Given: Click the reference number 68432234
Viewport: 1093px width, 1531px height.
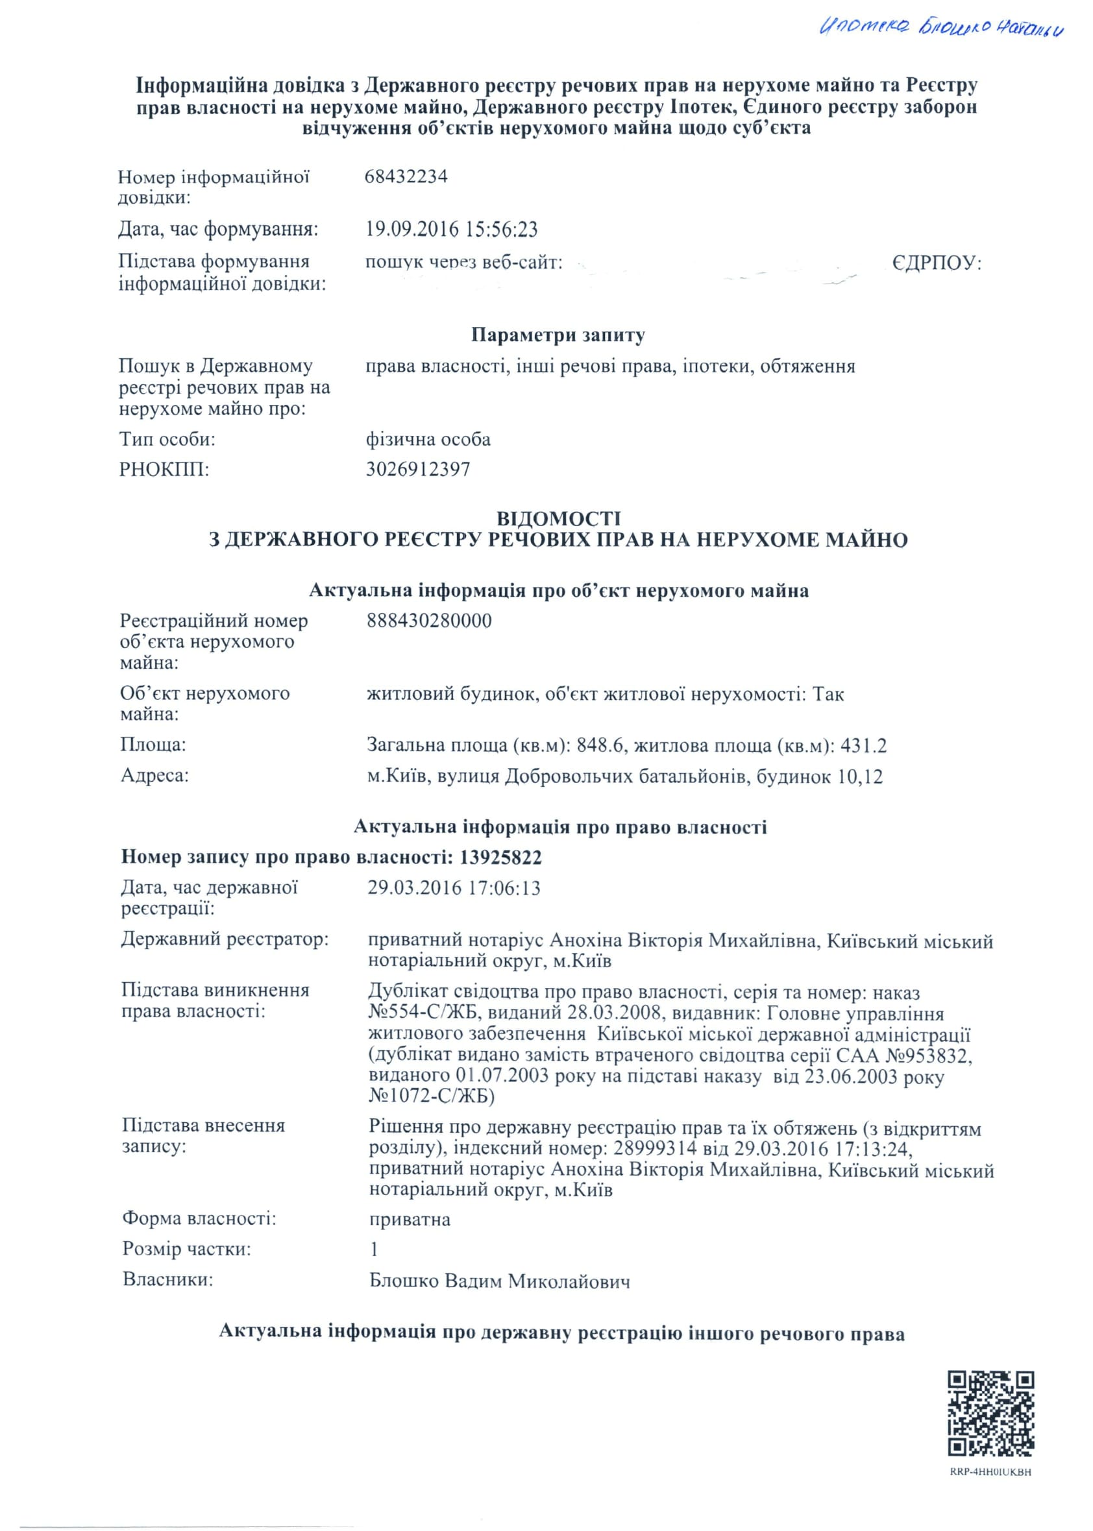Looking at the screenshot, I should (x=406, y=176).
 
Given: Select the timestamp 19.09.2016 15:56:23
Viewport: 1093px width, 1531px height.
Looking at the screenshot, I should (x=452, y=230).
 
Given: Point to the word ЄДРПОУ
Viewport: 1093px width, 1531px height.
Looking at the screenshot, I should (x=937, y=263).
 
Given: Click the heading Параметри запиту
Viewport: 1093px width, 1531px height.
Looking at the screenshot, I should (x=558, y=335).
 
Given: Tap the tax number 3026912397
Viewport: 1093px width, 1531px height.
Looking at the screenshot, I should (x=418, y=469).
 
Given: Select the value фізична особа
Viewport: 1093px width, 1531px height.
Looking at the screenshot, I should (x=428, y=439).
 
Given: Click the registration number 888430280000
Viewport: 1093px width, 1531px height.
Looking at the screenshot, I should (x=430, y=620).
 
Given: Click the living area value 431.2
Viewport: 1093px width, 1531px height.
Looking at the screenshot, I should (x=864, y=745).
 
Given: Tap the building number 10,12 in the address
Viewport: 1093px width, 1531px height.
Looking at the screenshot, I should (x=860, y=777).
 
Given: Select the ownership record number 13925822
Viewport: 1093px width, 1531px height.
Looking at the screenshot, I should (x=500, y=857).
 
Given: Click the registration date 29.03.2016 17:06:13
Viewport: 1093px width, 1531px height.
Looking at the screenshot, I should (x=454, y=888).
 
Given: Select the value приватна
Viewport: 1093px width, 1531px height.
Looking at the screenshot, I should (x=410, y=1219).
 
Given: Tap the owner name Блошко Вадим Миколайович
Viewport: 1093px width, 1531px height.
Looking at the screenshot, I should (x=500, y=1281).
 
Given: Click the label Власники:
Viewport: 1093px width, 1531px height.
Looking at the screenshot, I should (x=167, y=1279).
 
